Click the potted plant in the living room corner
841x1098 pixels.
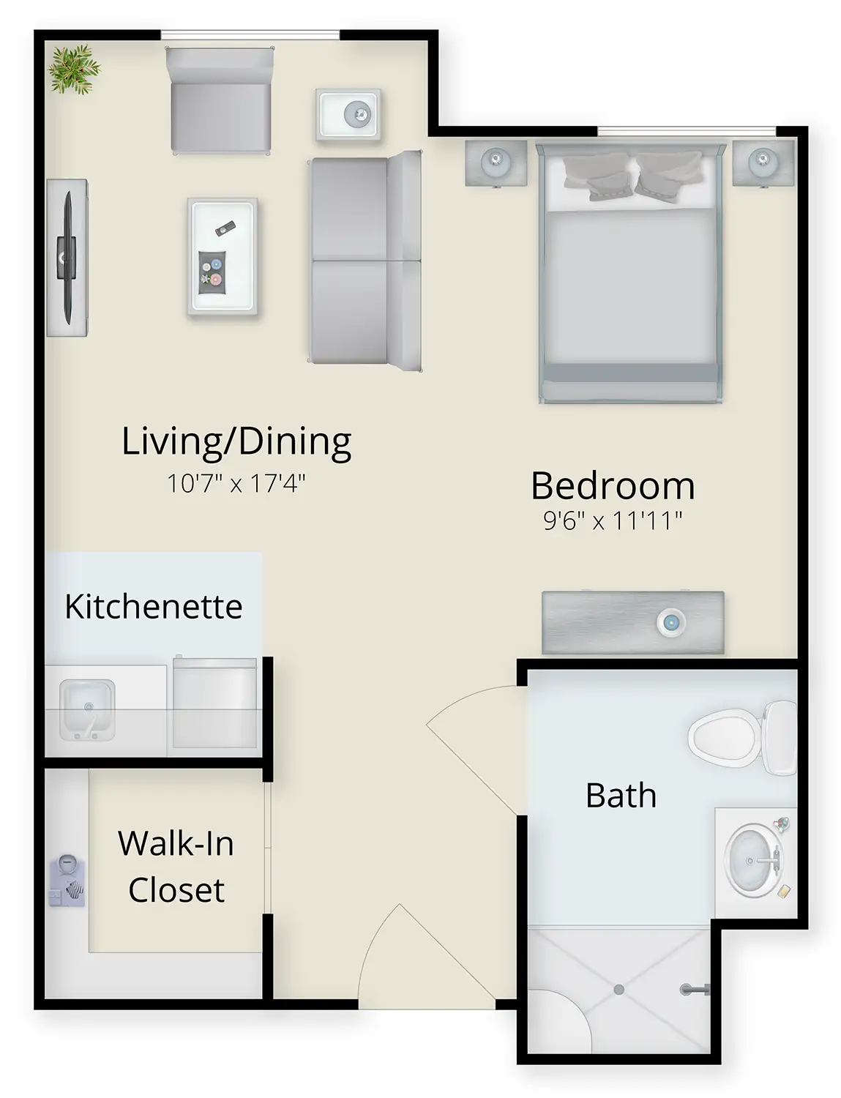coord(75,70)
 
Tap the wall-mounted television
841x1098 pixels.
coord(67,258)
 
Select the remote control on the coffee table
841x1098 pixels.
coord(225,228)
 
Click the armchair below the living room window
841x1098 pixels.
coord(220,100)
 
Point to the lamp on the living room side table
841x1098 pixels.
coord(358,114)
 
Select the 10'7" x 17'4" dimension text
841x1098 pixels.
coord(236,484)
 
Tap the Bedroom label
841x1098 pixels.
coord(613,486)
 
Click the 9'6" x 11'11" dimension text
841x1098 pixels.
coord(613,520)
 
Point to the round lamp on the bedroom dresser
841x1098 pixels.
coord(670,622)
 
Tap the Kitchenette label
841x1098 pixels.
coord(154,606)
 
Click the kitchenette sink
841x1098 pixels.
coord(87,709)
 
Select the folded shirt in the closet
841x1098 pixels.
coord(67,879)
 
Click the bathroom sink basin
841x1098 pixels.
coord(752,861)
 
